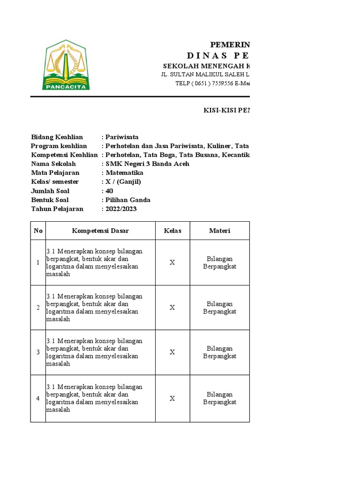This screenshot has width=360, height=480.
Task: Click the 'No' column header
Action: click(x=38, y=231)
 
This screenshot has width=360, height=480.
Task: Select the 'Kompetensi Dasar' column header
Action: click(x=100, y=231)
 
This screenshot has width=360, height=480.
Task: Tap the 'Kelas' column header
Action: click(x=172, y=231)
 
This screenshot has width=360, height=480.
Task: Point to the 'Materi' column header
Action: click(x=219, y=231)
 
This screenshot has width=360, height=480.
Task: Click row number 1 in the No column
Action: click(x=38, y=262)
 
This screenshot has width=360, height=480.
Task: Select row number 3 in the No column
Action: click(x=38, y=352)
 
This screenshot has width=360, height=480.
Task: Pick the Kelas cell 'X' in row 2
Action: click(x=172, y=307)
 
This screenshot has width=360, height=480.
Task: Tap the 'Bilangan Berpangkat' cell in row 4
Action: click(x=219, y=398)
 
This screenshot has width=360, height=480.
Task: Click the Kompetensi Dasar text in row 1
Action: click(x=94, y=262)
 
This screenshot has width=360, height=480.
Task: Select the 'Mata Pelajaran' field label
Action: click(x=55, y=172)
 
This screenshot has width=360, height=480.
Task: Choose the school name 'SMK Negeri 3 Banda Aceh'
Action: click(x=147, y=164)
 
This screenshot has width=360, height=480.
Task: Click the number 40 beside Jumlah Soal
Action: click(x=109, y=191)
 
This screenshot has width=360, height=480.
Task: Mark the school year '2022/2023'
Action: click(x=121, y=209)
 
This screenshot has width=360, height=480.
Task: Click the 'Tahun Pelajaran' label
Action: click(x=57, y=209)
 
